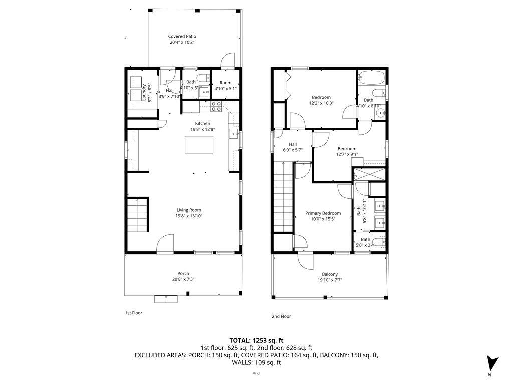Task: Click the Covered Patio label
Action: (x=182, y=36)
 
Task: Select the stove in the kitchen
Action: (x=216, y=106)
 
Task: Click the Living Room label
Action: (x=188, y=210)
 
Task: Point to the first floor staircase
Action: (x=137, y=215)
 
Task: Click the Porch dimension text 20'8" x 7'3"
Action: (x=183, y=279)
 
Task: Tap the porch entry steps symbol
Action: (x=166, y=299)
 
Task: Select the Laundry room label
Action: (x=144, y=92)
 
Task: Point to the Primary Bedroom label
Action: (x=323, y=213)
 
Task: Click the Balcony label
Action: (x=330, y=274)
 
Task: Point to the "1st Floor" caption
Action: (x=134, y=313)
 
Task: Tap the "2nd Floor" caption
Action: (x=282, y=316)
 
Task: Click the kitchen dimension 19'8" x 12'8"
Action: (x=203, y=130)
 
